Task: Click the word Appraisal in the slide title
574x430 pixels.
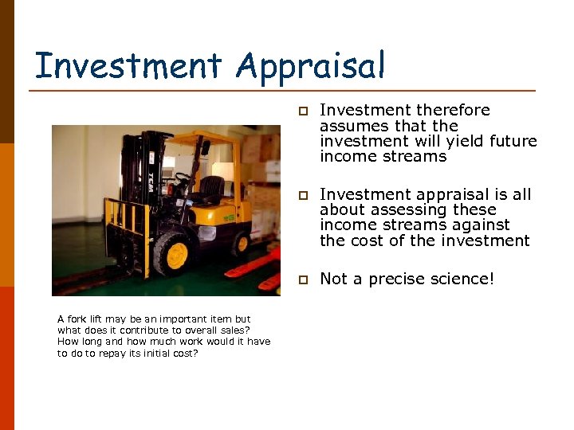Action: pyautogui.click(x=311, y=67)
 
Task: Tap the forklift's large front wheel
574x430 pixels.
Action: pyautogui.click(x=175, y=254)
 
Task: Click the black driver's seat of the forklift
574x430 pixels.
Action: pyautogui.click(x=210, y=190)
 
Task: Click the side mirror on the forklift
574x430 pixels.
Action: pyautogui.click(x=205, y=148)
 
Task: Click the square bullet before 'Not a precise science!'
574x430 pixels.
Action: pyautogui.click(x=303, y=279)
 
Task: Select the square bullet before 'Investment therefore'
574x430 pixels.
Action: pyautogui.click(x=303, y=111)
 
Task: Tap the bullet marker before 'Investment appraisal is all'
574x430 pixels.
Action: pyautogui.click(x=303, y=195)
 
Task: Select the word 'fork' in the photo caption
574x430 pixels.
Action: pyautogui.click(x=77, y=319)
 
